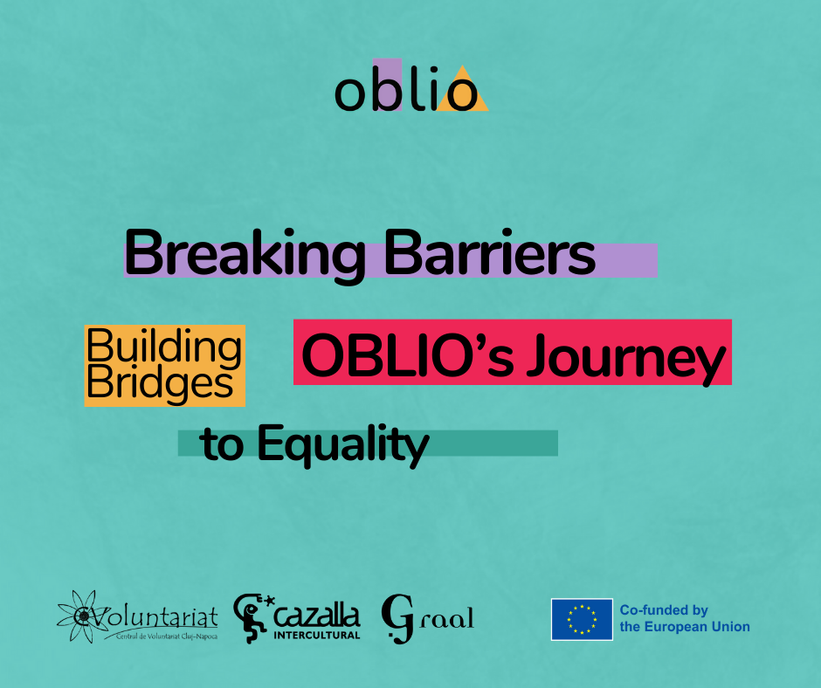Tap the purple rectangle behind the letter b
coord(388,85)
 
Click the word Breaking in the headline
coord(245,256)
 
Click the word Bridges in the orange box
coord(160,384)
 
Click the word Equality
coord(343,445)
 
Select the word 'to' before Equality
coord(222,445)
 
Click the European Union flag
coord(582,619)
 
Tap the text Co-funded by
coord(664,610)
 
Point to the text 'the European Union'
coord(685,627)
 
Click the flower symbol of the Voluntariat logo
coord(79,616)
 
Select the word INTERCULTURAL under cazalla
coord(317,635)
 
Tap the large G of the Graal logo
coord(397,618)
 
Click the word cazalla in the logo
coord(317,616)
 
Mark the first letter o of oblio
coord(349,95)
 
